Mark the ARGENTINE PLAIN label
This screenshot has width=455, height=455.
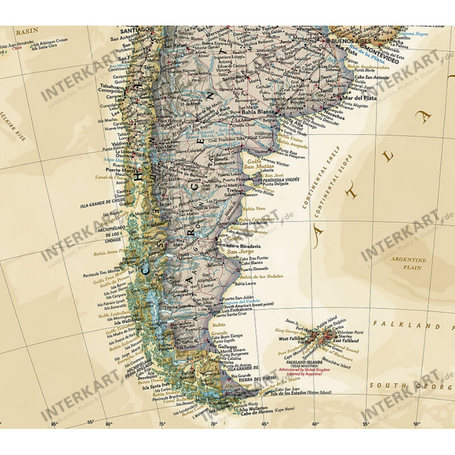pos(408,263)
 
